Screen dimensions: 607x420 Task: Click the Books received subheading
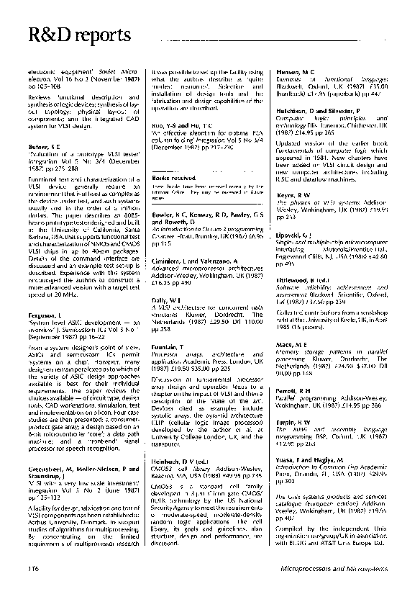tap(173, 176)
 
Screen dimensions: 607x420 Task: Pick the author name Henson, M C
tap(296, 73)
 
